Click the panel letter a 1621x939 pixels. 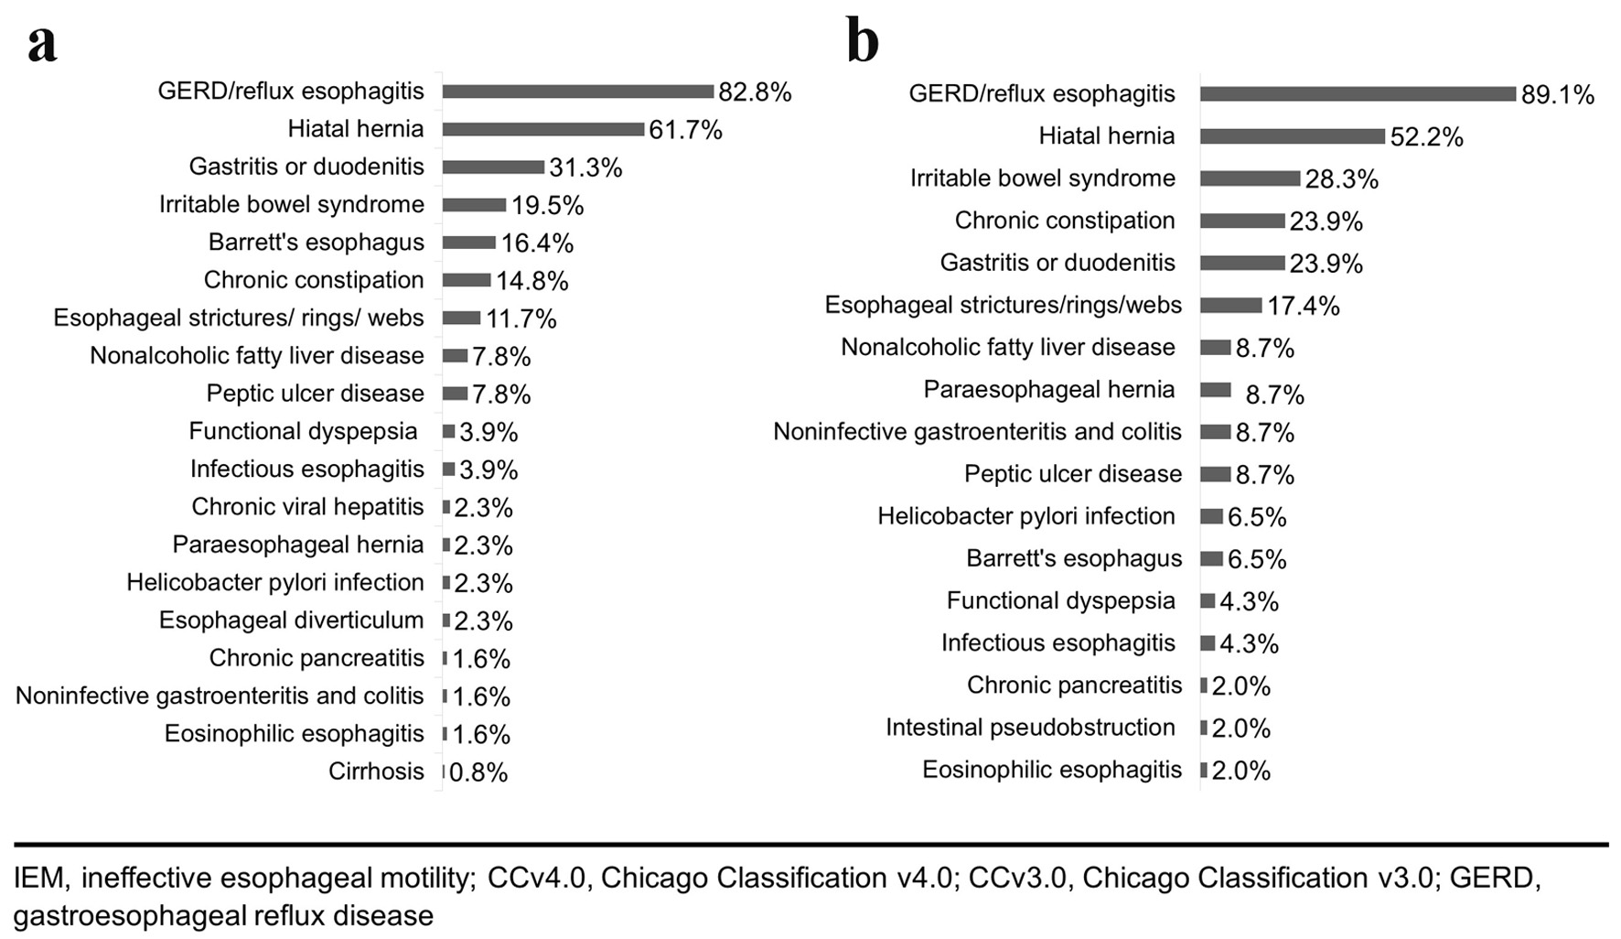pyautogui.click(x=42, y=43)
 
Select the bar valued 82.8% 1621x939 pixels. pyautogui.click(x=578, y=92)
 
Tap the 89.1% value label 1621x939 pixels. pyautogui.click(x=1558, y=95)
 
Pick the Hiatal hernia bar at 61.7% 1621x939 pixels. pyautogui.click(x=543, y=129)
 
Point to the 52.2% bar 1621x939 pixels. pyautogui.click(x=1293, y=136)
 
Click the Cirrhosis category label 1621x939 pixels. pyautogui.click(x=376, y=772)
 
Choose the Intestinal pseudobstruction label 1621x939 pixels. pyautogui.click(x=1030, y=728)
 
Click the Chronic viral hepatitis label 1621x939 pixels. pyautogui.click(x=307, y=507)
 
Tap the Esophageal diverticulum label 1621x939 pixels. pyautogui.click(x=291, y=621)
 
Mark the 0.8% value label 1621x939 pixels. pyautogui.click(x=478, y=773)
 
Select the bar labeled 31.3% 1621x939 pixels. pyautogui.click(x=494, y=167)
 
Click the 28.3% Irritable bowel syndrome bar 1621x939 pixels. pyautogui.click(x=1251, y=178)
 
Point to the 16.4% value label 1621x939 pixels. pyautogui.click(x=537, y=243)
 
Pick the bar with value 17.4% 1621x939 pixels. pyautogui.click(x=1231, y=305)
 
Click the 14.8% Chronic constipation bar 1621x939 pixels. pyautogui.click(x=467, y=280)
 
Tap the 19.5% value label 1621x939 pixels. pyautogui.click(x=547, y=206)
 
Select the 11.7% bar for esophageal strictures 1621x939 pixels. pyautogui.click(x=462, y=318)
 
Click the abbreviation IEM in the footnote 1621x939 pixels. pyautogui.click(x=39, y=879)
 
